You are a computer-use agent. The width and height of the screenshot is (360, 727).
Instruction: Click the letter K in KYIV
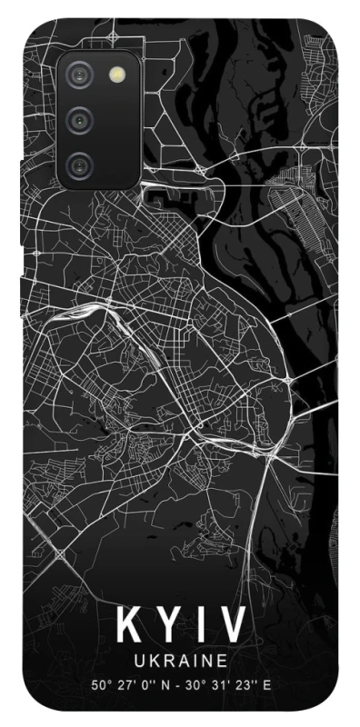tap(128, 625)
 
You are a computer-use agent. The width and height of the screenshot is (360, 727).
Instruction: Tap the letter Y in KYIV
tap(169, 625)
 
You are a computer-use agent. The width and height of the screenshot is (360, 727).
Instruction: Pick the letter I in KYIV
tap(201, 625)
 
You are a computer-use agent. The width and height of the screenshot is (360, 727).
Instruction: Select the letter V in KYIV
tap(233, 625)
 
